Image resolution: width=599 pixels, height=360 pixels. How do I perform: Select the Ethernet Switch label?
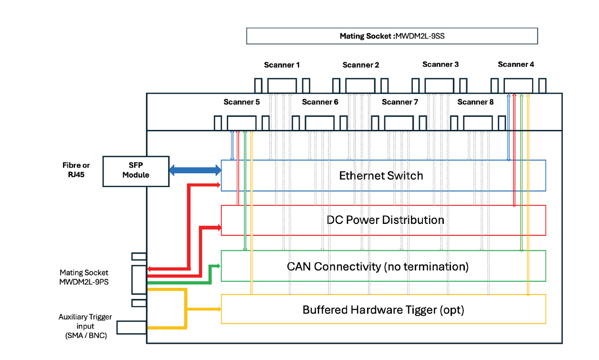pyautogui.click(x=381, y=176)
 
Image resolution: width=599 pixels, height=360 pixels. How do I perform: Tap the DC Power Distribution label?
pyautogui.click(x=385, y=220)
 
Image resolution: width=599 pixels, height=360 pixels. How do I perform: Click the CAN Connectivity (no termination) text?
pyautogui.click(x=378, y=266)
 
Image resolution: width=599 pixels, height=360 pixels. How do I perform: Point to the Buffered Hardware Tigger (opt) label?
pyautogui.click(x=383, y=310)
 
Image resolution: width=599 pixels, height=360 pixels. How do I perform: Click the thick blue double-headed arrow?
pyautogui.click(x=196, y=170)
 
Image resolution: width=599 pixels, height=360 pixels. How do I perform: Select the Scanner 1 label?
pyautogui.click(x=282, y=65)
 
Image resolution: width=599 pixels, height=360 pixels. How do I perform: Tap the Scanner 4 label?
pyautogui.click(x=516, y=64)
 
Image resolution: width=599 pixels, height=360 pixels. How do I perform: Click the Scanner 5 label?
pyautogui.click(x=242, y=102)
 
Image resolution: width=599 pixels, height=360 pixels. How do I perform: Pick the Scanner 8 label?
pyautogui.click(x=475, y=102)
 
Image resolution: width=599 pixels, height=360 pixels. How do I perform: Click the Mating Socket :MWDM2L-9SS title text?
pyautogui.click(x=392, y=36)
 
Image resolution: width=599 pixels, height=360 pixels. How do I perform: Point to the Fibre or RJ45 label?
pyautogui.click(x=76, y=170)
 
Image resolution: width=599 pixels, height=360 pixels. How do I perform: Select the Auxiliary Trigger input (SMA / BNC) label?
pyautogui.click(x=85, y=326)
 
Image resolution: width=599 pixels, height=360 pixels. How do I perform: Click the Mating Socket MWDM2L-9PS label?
pyautogui.click(x=84, y=277)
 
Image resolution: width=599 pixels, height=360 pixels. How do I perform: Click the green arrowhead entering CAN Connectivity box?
pyautogui.click(x=219, y=266)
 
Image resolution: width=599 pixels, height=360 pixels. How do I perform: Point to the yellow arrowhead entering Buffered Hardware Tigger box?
pyautogui.click(x=219, y=309)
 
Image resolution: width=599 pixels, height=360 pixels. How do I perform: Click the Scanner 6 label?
pyautogui.click(x=320, y=102)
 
